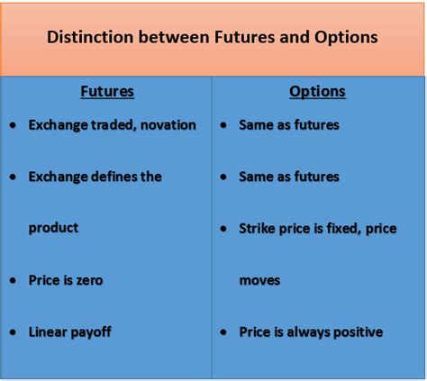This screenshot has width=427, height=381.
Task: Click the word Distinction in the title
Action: (90, 37)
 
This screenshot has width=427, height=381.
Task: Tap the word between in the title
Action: (174, 37)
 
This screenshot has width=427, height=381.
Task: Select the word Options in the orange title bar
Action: (346, 38)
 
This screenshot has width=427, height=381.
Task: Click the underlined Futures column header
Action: (107, 92)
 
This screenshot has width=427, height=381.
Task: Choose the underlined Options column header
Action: (317, 92)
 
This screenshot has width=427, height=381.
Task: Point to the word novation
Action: (168, 125)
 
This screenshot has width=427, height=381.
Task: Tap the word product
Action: (53, 229)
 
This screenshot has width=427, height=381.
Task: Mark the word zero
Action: (89, 280)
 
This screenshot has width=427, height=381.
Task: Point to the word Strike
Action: (257, 229)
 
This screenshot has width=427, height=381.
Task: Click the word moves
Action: (259, 281)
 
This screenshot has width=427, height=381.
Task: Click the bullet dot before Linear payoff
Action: (13, 332)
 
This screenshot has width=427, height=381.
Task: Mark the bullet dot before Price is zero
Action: (13, 280)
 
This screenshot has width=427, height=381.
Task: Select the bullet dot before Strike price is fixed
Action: (223, 229)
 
